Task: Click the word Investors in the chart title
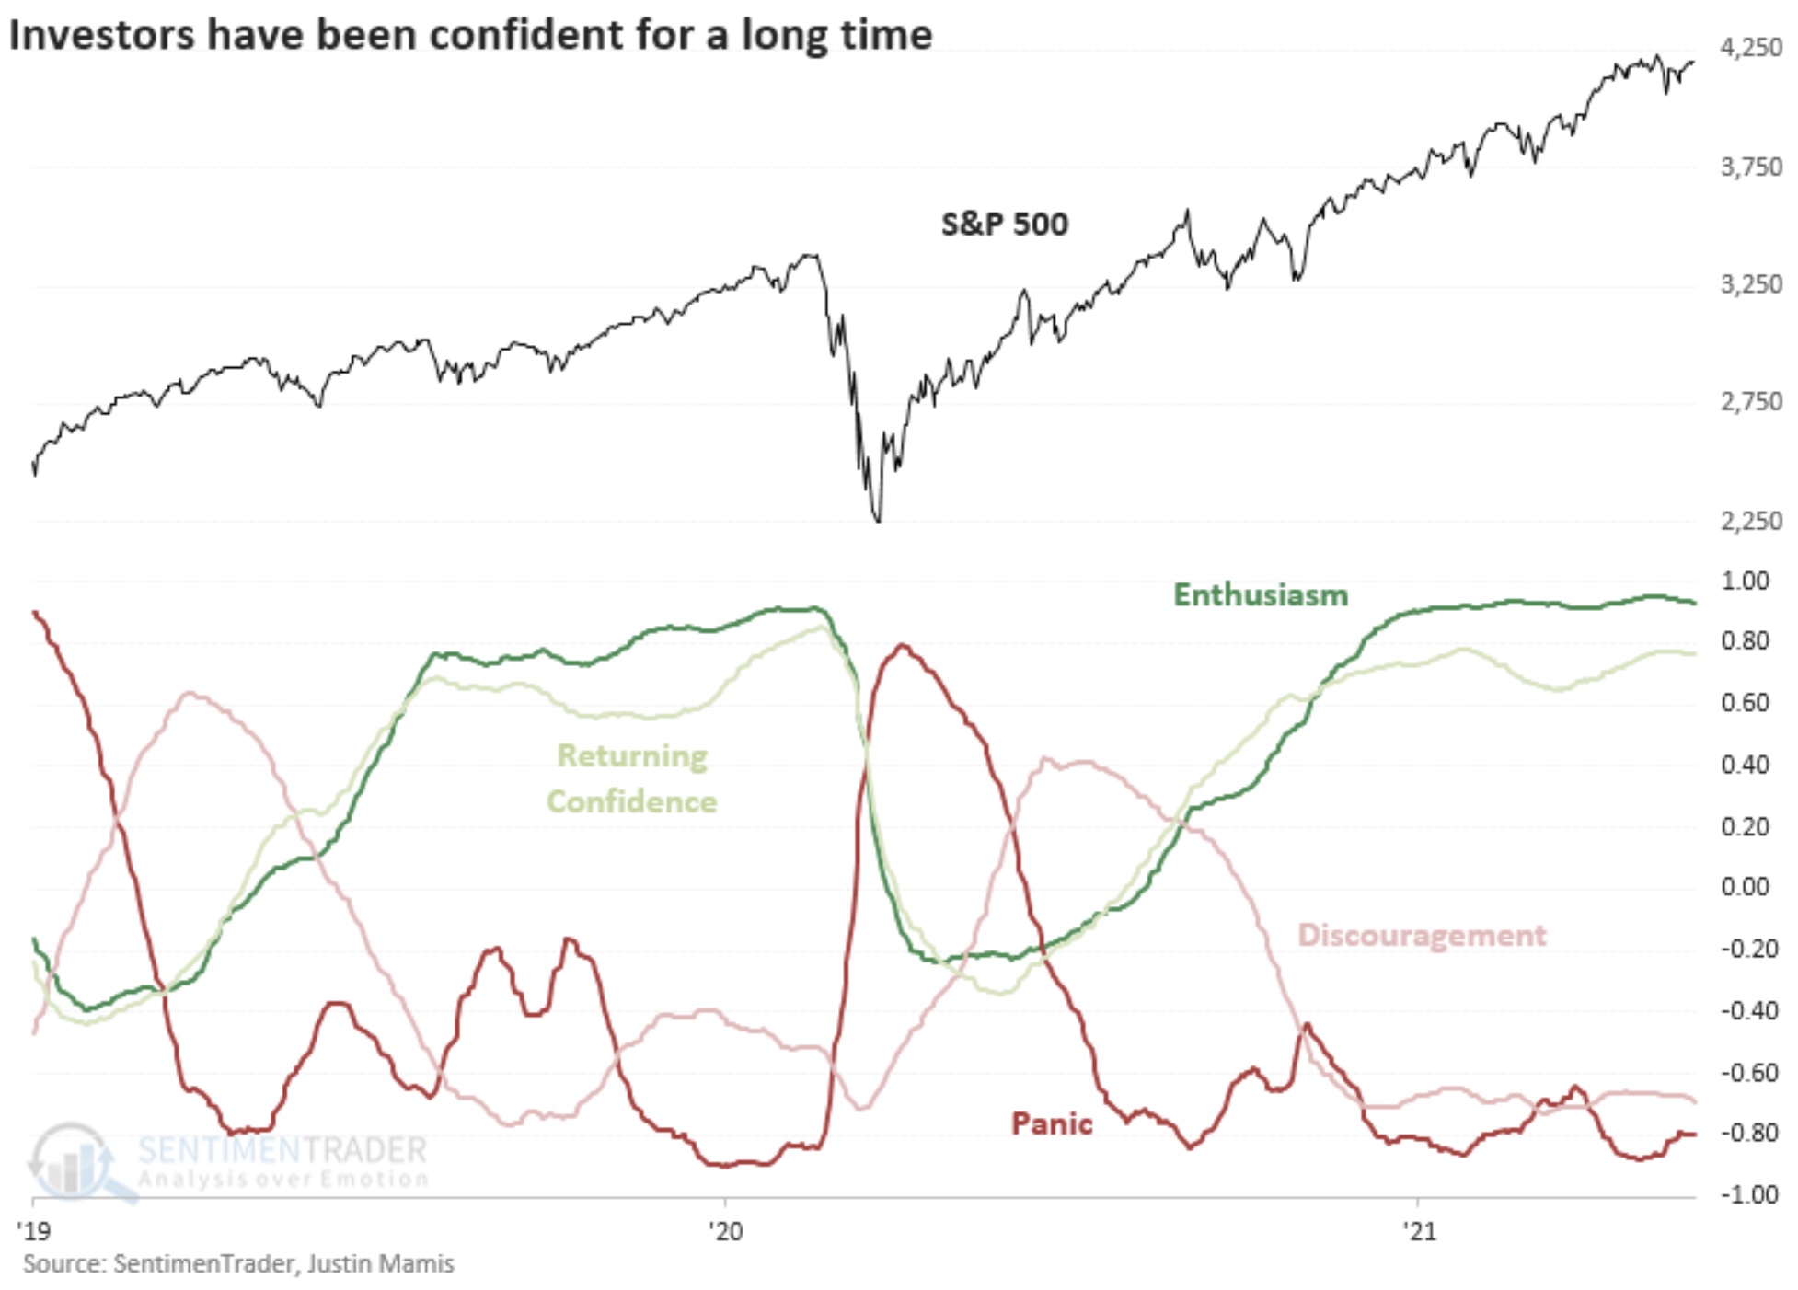[x=102, y=35]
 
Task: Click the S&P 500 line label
[x=1004, y=225]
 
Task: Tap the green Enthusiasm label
[x=1260, y=595]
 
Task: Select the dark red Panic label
[x=1051, y=1123]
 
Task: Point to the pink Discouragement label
[x=1421, y=935]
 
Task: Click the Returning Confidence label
[x=632, y=778]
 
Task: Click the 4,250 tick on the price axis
[x=1751, y=48]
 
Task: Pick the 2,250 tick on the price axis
[x=1751, y=521]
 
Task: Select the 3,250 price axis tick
[x=1751, y=284]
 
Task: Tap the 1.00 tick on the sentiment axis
[x=1745, y=582]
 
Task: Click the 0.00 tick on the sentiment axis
[x=1745, y=887]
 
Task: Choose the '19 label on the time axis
[x=34, y=1230]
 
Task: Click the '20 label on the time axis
[x=725, y=1230]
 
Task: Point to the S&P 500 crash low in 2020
[x=878, y=521]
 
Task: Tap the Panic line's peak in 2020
[x=902, y=646]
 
